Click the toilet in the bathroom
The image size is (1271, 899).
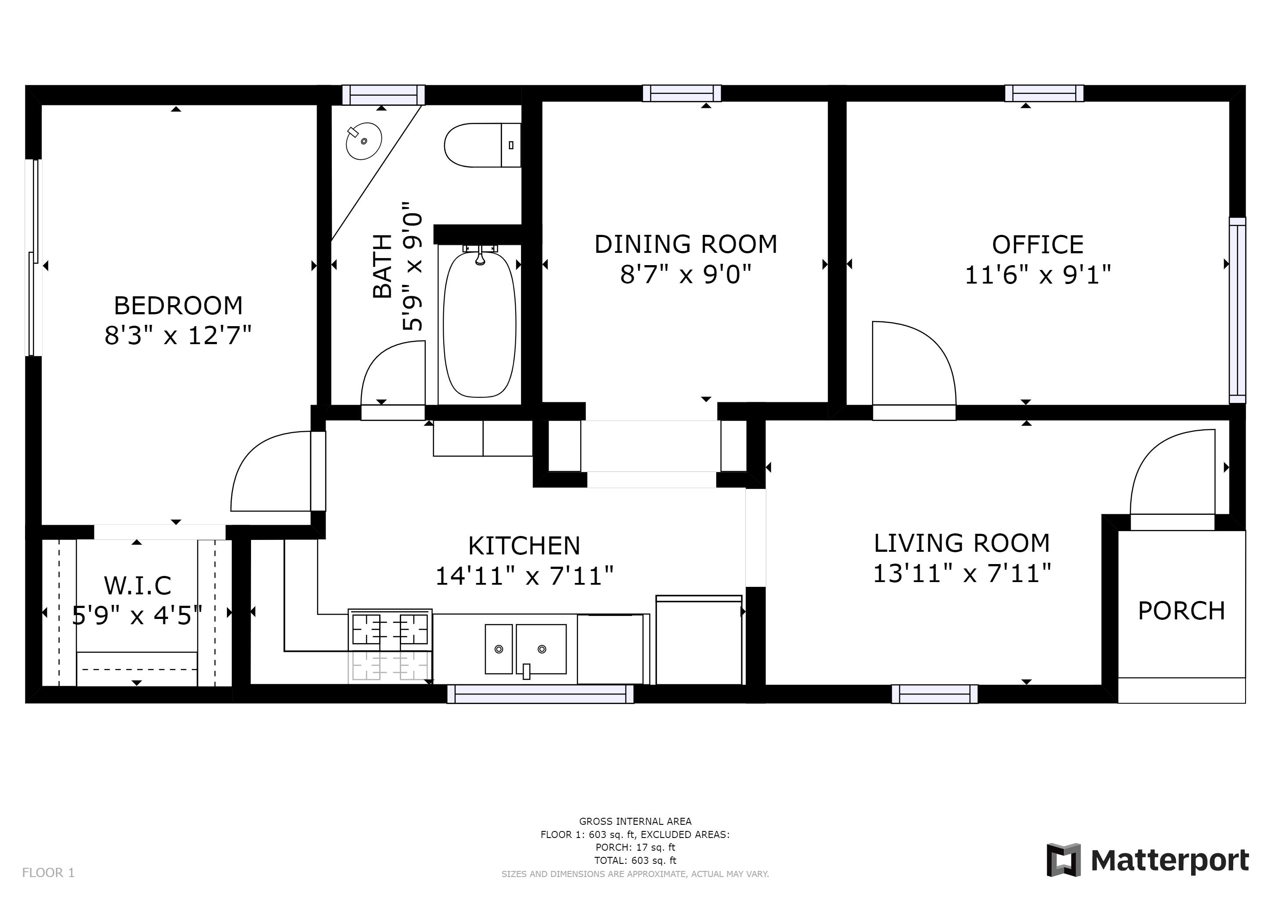483,145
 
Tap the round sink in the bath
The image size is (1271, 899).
364,141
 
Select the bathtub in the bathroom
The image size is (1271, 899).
479,324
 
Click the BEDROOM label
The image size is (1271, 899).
178,306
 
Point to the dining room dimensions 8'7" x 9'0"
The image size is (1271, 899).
686,274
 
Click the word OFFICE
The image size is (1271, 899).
1038,245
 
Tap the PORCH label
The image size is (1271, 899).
1181,611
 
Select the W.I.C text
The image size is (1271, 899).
138,585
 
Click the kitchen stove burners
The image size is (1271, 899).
390,629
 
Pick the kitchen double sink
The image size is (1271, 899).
526,649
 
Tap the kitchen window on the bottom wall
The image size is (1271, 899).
540,694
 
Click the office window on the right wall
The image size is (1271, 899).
1237,310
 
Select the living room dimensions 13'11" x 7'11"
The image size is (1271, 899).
962,573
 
